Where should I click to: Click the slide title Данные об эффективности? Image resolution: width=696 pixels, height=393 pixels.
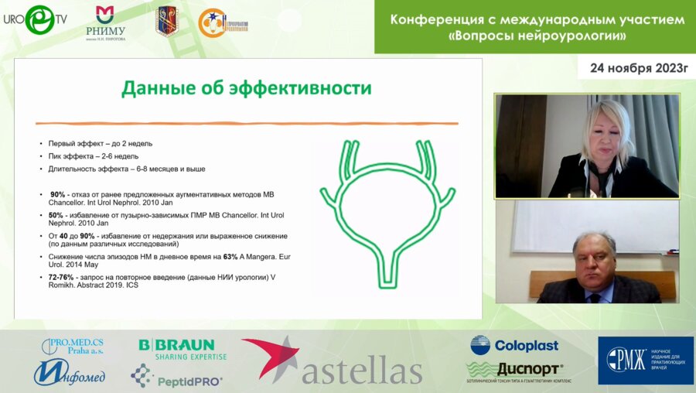click(246, 88)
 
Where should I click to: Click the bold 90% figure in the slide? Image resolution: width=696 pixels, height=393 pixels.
click(57, 194)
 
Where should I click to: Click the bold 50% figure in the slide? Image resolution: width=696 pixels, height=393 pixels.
click(56, 215)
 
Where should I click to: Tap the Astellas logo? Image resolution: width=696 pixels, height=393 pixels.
click(333, 361)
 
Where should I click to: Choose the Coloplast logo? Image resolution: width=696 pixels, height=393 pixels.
click(514, 345)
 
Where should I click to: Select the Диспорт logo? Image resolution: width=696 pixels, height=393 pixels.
click(514, 369)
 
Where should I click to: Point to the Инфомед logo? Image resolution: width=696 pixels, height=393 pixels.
click(70, 374)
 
